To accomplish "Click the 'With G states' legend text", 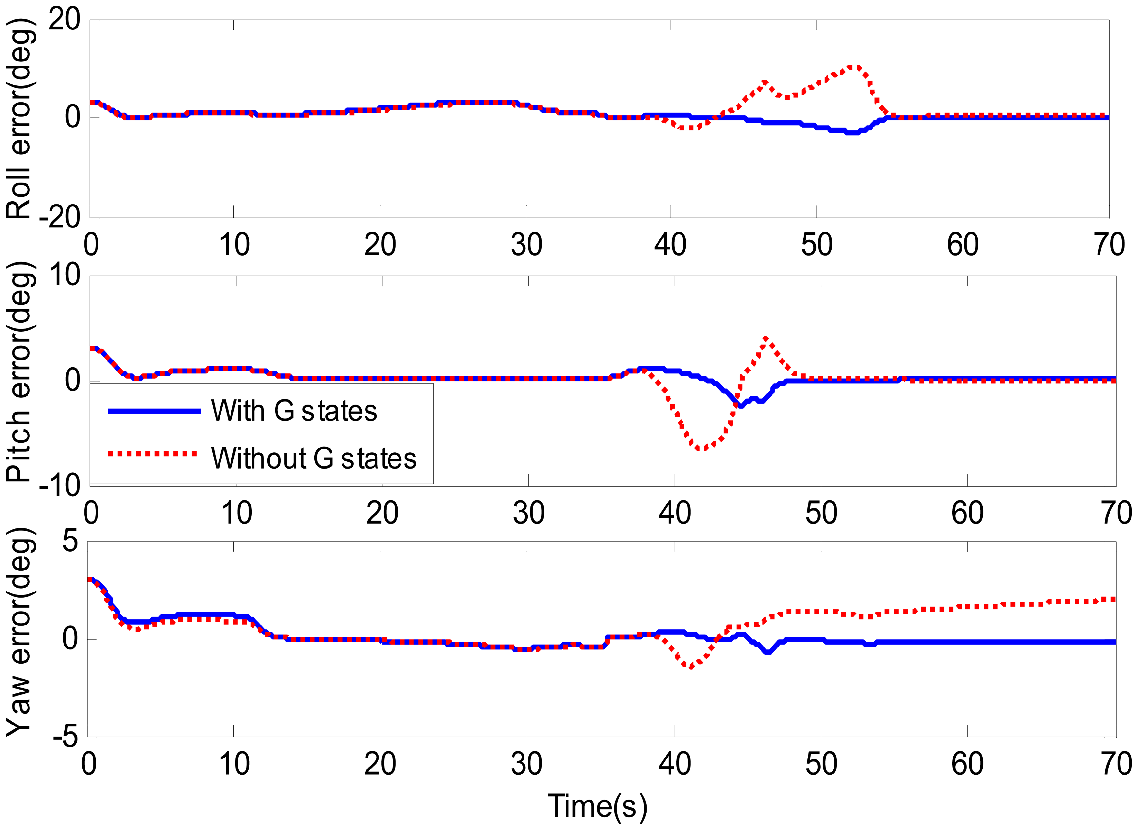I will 294,411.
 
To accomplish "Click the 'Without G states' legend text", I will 314,458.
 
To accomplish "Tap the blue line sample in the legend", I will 154,411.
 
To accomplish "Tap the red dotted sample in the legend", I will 154,454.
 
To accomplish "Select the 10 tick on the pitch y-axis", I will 64,275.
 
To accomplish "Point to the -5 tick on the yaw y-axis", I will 65,737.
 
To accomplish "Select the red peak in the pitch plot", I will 765,338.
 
